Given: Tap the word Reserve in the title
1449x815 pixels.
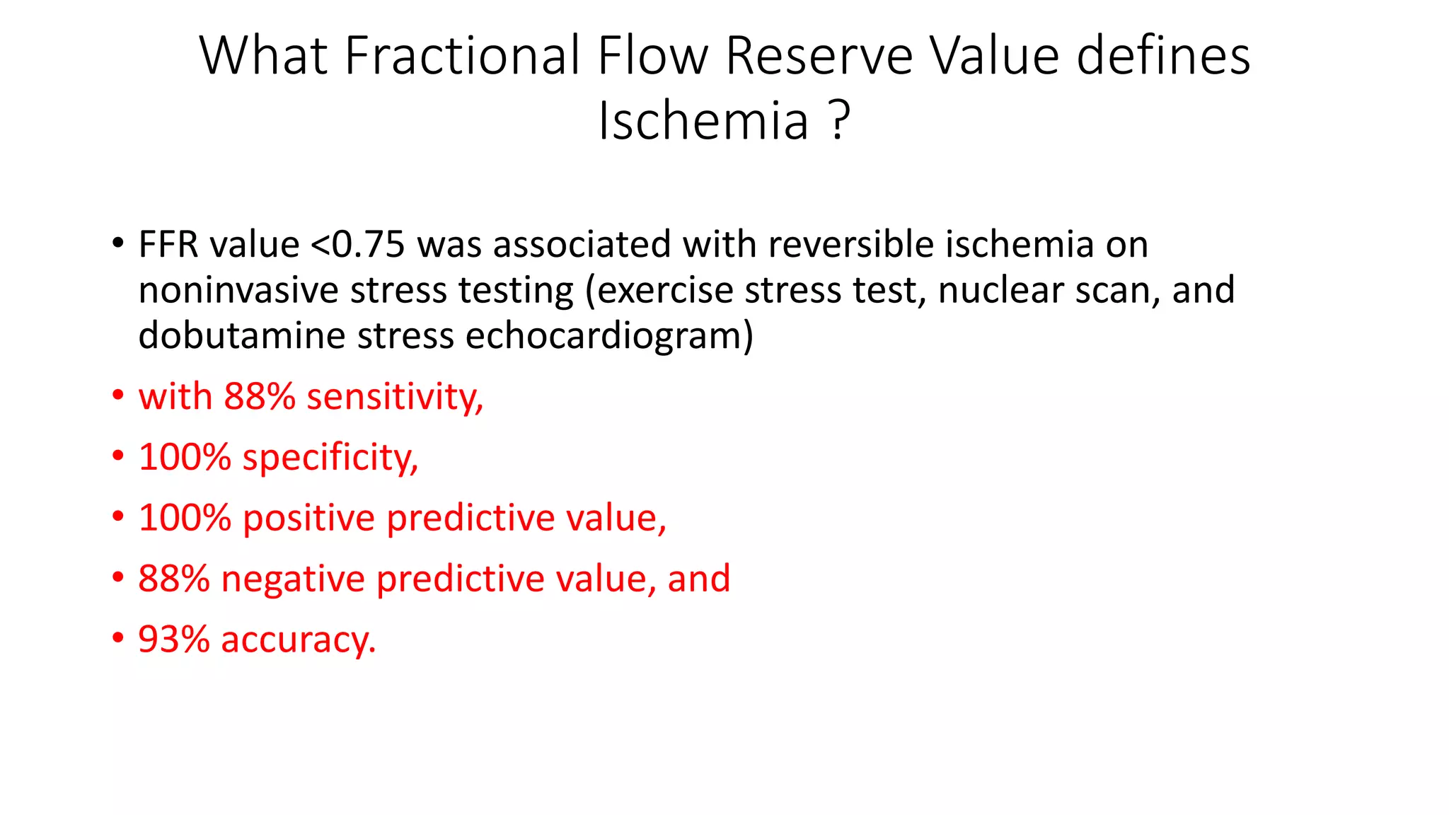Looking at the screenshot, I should coord(819,55).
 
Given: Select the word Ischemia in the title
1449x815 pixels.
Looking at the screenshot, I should coord(703,120).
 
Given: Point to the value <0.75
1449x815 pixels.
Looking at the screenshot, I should coord(358,245).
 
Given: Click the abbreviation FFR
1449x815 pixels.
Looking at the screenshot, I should coord(168,245).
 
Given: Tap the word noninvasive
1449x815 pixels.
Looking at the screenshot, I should coord(238,290).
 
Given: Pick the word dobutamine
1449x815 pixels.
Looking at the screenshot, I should coord(242,335).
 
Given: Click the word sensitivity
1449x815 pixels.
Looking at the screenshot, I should coord(395,397).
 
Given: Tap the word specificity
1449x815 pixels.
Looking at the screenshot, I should coord(330,458).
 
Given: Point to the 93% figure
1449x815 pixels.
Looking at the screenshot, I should coord(174,640).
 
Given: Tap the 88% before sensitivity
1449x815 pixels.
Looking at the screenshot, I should coord(260,397).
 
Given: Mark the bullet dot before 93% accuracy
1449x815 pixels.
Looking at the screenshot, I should coord(118,638).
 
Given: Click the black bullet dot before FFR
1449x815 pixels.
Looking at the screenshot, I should coord(118,244).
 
